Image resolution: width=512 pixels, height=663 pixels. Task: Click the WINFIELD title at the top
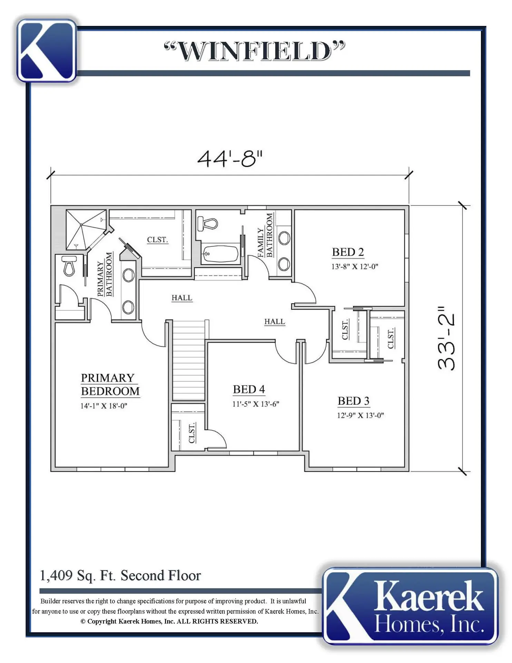(x=255, y=51)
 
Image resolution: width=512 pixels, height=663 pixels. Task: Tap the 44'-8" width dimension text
(x=230, y=159)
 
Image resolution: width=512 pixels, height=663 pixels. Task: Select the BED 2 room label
(x=348, y=252)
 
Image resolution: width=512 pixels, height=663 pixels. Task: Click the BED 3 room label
(x=353, y=401)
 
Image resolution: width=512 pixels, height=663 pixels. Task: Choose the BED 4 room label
(x=249, y=389)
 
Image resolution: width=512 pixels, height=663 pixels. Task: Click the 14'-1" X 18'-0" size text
(x=104, y=406)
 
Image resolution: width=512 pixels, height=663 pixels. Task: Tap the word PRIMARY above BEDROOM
(x=108, y=378)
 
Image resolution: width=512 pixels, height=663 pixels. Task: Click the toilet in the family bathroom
(x=208, y=224)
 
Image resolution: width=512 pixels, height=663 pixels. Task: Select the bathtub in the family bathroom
(x=220, y=254)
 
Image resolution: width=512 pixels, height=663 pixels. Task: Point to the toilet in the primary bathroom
(x=69, y=266)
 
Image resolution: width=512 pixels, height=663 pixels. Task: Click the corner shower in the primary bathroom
(x=86, y=229)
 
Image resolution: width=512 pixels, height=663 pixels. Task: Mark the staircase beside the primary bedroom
(x=188, y=361)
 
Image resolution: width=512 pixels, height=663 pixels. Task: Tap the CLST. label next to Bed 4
(x=192, y=432)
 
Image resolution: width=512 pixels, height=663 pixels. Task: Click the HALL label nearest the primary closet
(x=182, y=298)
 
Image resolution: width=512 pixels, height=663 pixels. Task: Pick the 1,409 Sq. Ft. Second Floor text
(x=120, y=576)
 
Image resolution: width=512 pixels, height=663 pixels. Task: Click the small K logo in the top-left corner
(x=47, y=50)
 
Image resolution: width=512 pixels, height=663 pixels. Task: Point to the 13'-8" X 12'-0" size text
(x=355, y=267)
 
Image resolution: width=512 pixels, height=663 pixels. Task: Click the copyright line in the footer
(x=169, y=621)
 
